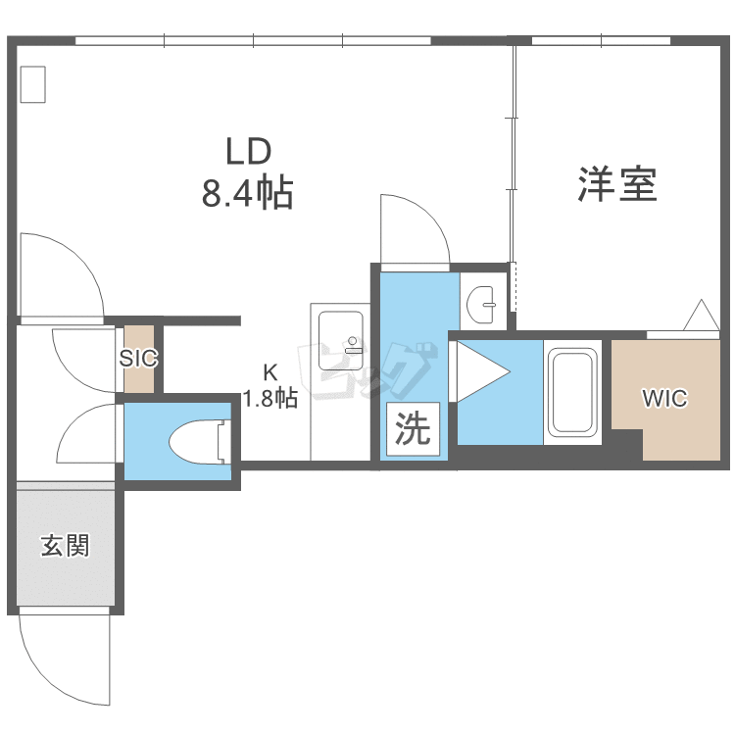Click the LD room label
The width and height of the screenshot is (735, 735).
click(x=249, y=151)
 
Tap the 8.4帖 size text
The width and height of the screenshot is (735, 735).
click(x=248, y=191)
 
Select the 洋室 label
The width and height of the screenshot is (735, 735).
click(x=616, y=184)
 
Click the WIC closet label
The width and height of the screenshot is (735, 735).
click(x=664, y=399)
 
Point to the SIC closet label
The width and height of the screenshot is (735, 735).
click(x=139, y=359)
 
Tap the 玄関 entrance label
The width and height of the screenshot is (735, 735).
click(x=65, y=546)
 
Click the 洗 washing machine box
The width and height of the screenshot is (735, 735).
click(x=413, y=428)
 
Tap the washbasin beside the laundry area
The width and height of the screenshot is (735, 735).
click(x=481, y=304)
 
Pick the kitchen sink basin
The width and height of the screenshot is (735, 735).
click(x=341, y=341)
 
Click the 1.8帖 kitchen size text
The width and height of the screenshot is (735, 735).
click(x=270, y=398)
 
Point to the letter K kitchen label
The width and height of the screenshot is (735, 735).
click(x=270, y=372)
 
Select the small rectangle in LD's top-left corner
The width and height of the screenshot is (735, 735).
click(x=32, y=84)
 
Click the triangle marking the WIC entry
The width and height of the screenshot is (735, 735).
click(x=702, y=315)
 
